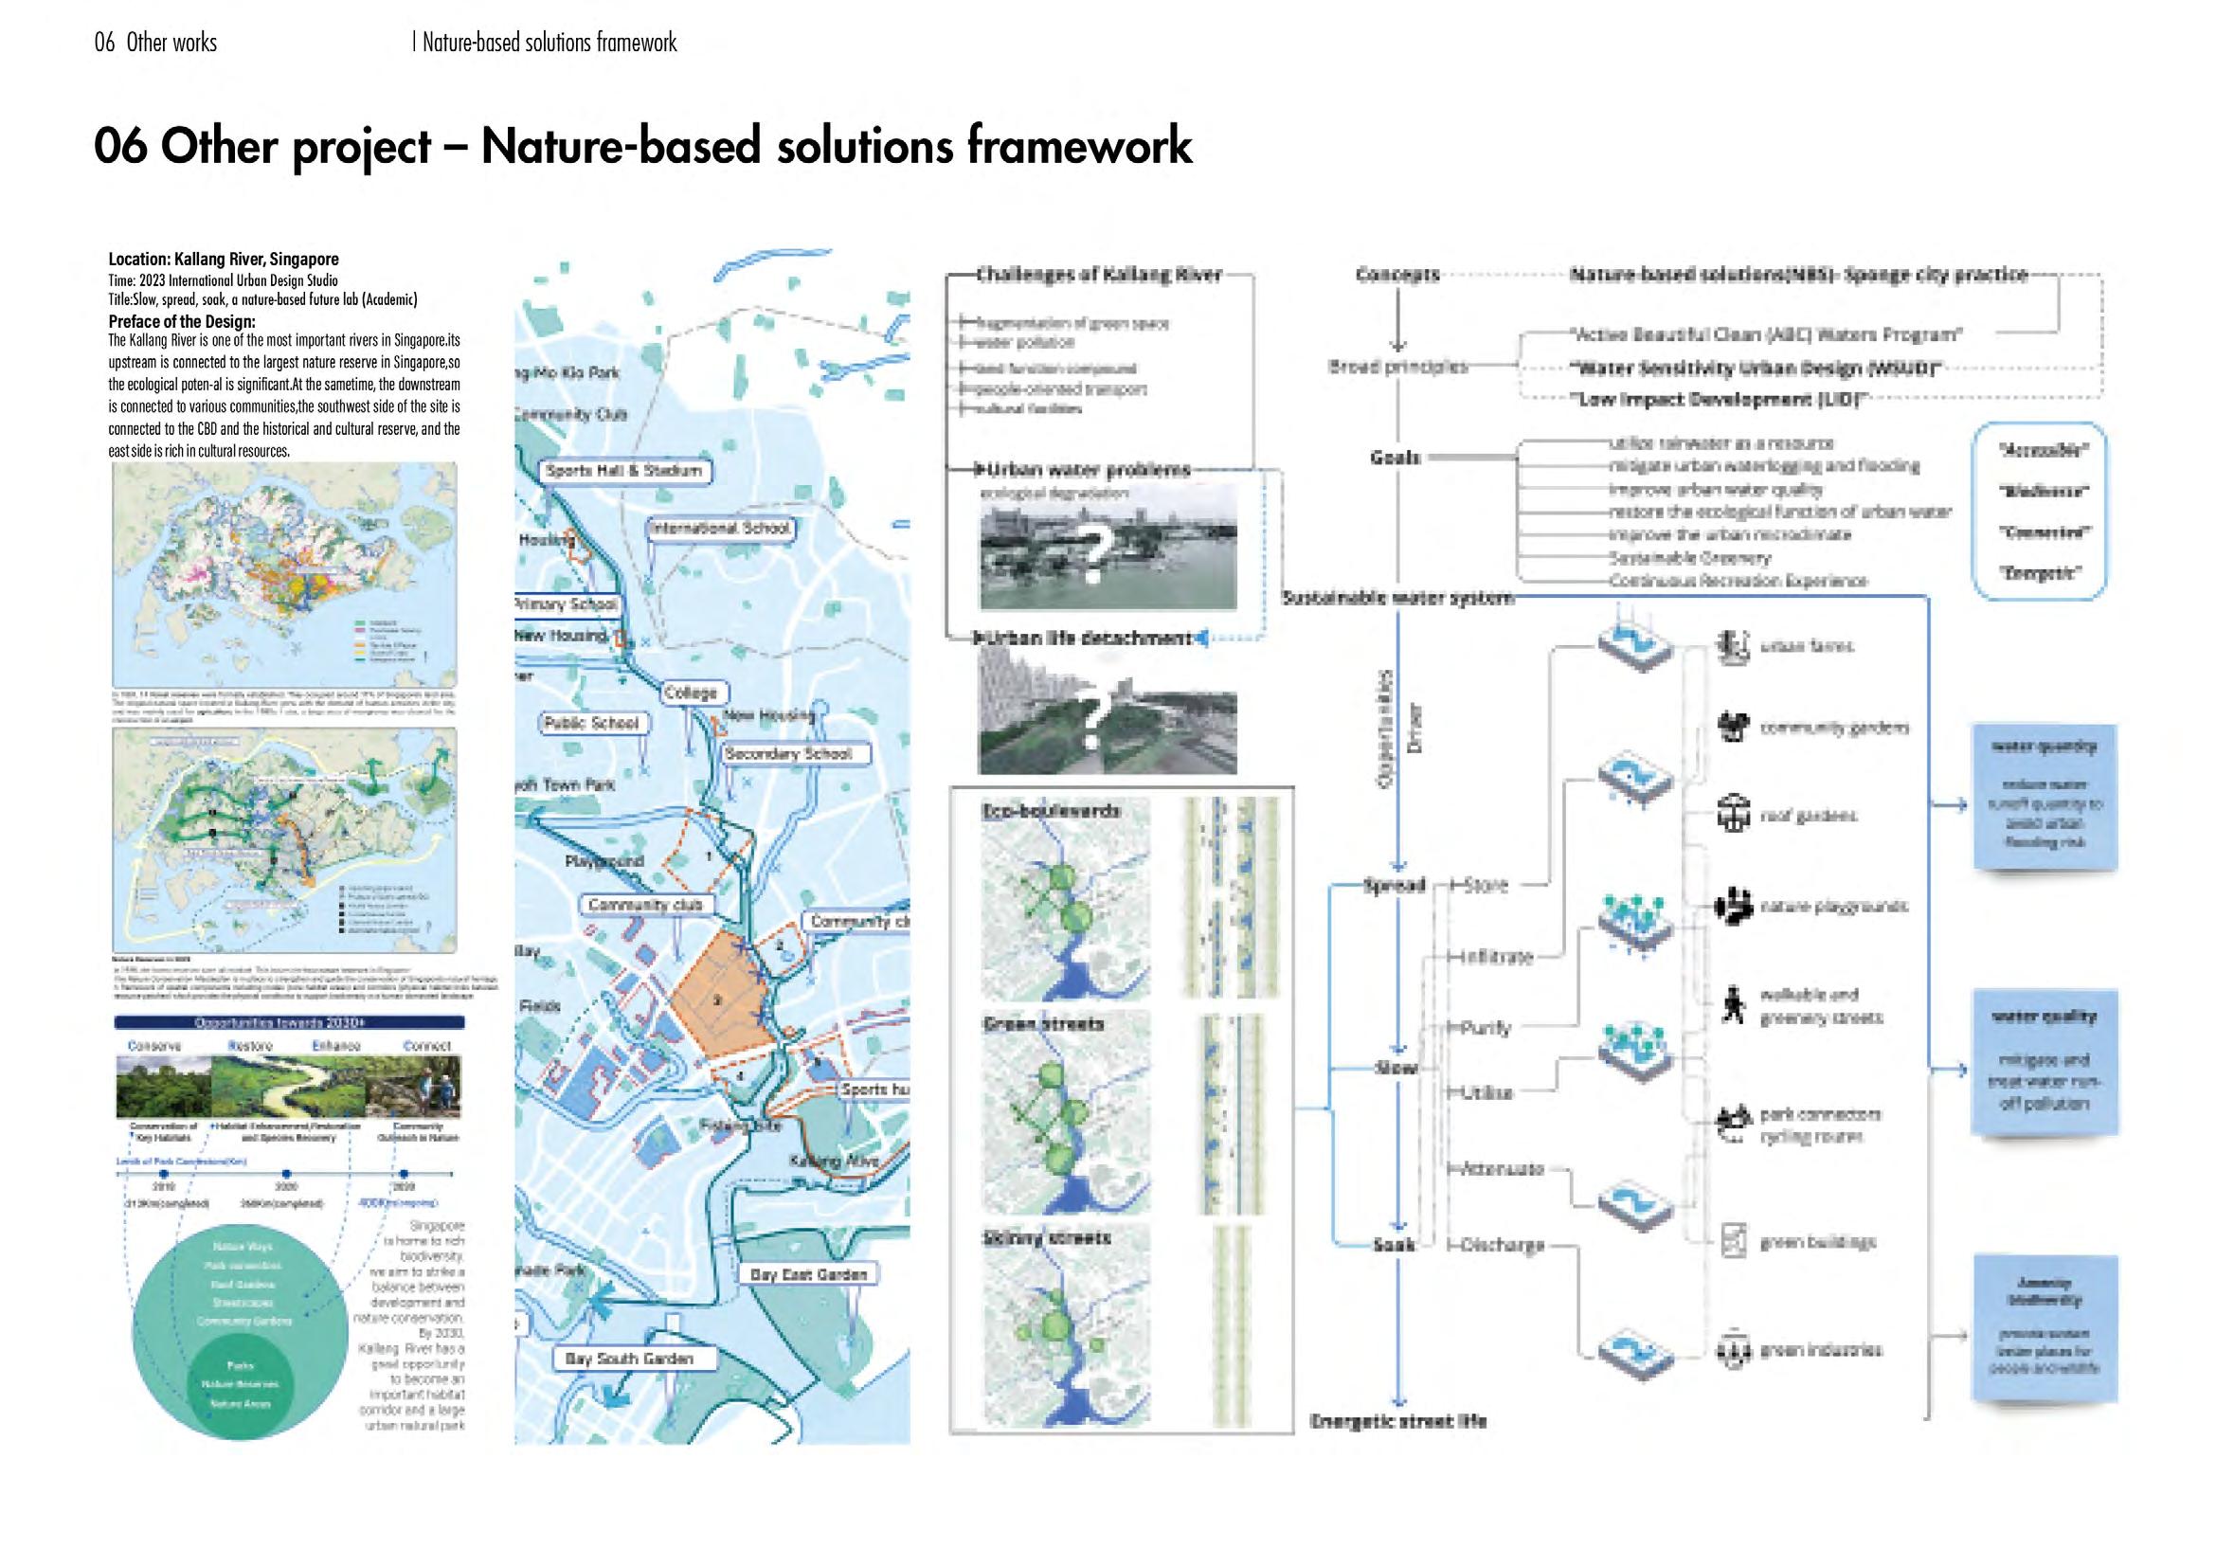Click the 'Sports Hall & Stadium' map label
click(622, 471)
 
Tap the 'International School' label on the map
click(719, 529)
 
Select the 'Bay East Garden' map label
click(808, 1274)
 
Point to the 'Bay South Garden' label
click(628, 1359)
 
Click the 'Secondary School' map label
click(787, 753)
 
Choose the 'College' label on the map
click(691, 693)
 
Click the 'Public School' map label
click(590, 723)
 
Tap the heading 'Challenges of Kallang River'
click(1098, 275)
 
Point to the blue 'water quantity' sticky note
click(2045, 797)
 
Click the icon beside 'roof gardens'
click(1733, 816)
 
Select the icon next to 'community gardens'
click(1733, 727)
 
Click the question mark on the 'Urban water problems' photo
click(1091, 557)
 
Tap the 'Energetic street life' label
click(1397, 1420)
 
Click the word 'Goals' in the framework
click(1395, 457)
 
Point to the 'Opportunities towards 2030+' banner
click(289, 1022)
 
